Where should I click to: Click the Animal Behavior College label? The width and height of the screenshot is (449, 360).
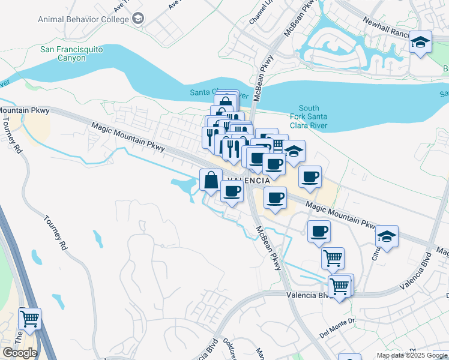click(83, 19)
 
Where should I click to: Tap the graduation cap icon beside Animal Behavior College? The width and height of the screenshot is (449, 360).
click(139, 19)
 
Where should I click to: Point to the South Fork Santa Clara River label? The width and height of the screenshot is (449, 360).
click(309, 118)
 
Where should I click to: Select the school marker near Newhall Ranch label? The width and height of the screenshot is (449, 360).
click(420, 42)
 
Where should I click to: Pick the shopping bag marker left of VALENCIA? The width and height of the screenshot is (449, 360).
click(211, 179)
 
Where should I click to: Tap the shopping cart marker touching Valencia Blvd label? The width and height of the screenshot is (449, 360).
click(340, 286)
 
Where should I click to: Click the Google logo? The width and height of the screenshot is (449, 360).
click(19, 352)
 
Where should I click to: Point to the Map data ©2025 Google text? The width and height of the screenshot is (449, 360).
click(412, 355)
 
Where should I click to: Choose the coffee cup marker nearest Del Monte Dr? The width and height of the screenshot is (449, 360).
click(319, 231)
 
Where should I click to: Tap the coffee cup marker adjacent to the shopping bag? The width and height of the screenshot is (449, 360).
click(232, 191)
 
